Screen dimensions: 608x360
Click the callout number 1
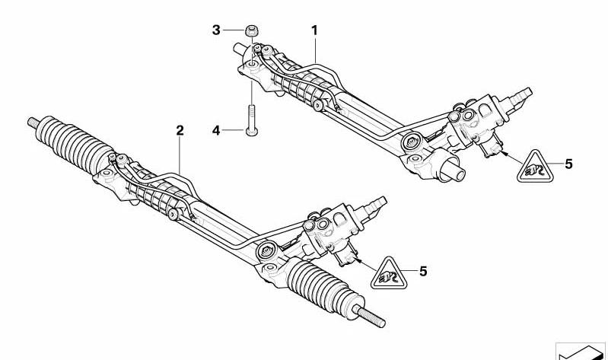point(314,30)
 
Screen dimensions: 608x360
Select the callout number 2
point(180,130)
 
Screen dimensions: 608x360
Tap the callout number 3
point(216,30)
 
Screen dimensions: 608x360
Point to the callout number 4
point(216,130)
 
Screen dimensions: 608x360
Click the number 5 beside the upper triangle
point(568,164)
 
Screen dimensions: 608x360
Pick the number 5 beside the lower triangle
point(423,271)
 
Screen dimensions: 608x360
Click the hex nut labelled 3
point(252,30)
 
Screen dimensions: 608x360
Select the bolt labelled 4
point(252,120)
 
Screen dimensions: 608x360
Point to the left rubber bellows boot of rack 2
point(74,145)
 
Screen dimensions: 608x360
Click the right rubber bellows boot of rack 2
point(325,286)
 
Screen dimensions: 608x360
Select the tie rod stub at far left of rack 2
point(33,123)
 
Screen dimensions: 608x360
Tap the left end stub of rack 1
point(240,50)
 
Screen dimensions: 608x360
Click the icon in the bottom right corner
point(581,351)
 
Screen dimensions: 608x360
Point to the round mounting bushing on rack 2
point(267,251)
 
